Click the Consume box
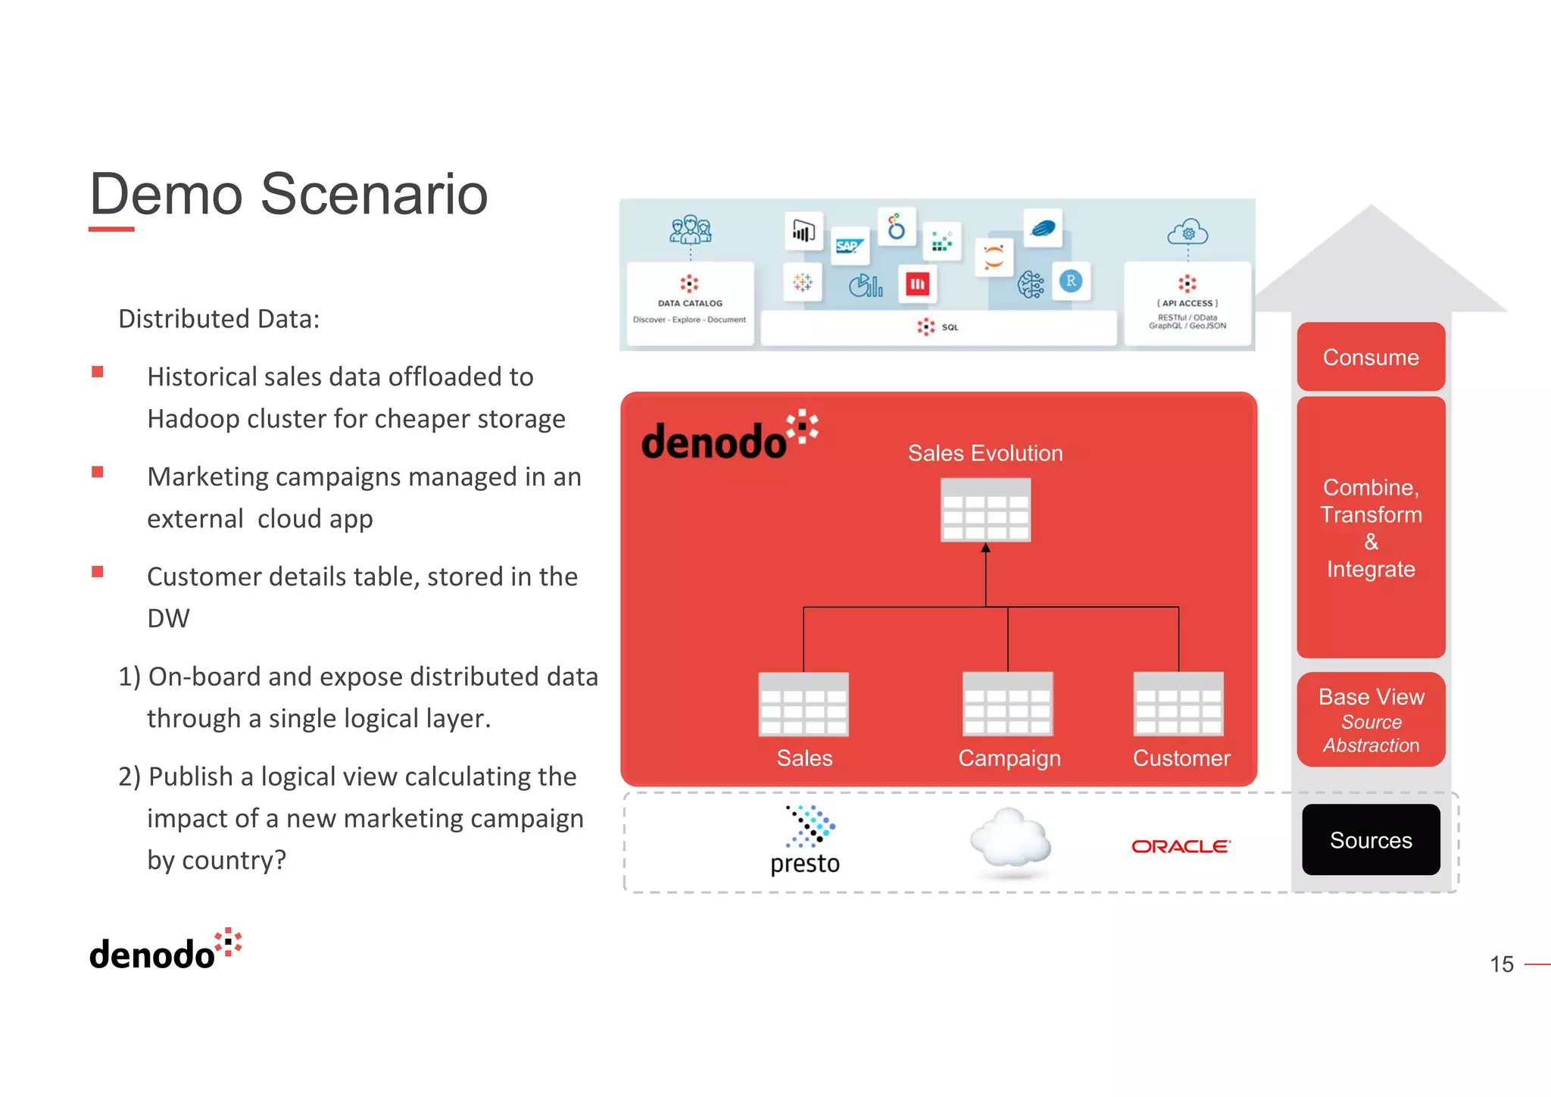[1370, 357]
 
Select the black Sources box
[1370, 839]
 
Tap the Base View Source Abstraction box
[1370, 720]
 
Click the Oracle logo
[1181, 846]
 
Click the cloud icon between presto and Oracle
[1010, 839]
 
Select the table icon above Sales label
[804, 705]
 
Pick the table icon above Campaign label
[1007, 705]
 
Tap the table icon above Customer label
[1178, 705]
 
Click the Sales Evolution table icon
[985, 510]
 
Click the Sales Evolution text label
[985, 453]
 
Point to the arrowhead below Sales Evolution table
[985, 548]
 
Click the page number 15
[1501, 964]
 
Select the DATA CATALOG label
[690, 303]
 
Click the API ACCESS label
[1187, 303]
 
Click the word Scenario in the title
[374, 194]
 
